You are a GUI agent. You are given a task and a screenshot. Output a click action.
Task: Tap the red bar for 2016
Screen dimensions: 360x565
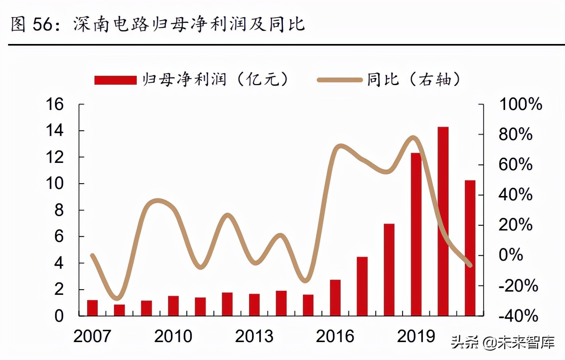(x=335, y=298)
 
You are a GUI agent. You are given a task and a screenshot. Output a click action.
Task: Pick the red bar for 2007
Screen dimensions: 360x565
(x=92, y=308)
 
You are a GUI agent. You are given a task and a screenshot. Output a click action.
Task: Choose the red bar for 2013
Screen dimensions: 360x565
(x=254, y=305)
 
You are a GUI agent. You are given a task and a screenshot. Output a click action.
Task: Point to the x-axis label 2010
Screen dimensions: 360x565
(x=173, y=336)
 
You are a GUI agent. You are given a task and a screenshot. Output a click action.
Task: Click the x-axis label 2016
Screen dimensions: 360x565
(x=335, y=336)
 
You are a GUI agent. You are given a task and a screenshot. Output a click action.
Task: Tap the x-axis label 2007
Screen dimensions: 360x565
(x=92, y=336)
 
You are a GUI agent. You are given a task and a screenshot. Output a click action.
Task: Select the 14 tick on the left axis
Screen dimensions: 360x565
(x=55, y=131)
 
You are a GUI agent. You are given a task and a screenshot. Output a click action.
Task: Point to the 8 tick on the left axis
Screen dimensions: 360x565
(x=59, y=210)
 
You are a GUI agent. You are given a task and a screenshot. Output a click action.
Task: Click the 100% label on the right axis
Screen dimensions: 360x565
(x=521, y=104)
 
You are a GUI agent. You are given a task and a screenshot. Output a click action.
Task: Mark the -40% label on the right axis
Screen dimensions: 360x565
(x=518, y=316)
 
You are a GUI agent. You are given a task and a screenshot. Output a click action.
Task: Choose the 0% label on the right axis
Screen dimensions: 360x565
(x=511, y=255)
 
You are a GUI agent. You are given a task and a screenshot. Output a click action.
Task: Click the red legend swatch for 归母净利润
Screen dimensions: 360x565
(x=115, y=80)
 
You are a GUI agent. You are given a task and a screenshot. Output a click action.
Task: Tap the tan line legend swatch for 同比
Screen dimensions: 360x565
(x=339, y=80)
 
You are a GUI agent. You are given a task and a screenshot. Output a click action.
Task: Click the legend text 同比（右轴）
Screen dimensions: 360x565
(x=414, y=79)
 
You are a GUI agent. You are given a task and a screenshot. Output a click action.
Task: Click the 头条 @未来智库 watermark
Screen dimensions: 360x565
(x=502, y=342)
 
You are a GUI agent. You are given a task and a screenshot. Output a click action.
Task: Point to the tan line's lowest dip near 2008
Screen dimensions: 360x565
(x=117, y=298)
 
